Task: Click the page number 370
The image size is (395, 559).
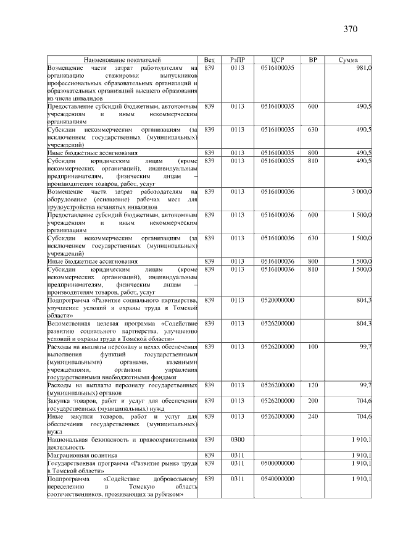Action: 351,28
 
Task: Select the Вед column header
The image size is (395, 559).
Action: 209,59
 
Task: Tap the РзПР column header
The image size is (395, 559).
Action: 238,59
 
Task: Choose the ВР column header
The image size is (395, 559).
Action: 313,59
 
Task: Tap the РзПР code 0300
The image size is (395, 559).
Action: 238,440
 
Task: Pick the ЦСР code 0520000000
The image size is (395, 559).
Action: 277,300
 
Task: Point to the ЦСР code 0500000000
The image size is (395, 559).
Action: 277,463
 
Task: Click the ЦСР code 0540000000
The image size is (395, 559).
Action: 277,479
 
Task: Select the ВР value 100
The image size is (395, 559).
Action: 313,347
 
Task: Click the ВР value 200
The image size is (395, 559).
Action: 313,401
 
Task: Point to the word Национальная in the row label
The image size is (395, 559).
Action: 70,440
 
